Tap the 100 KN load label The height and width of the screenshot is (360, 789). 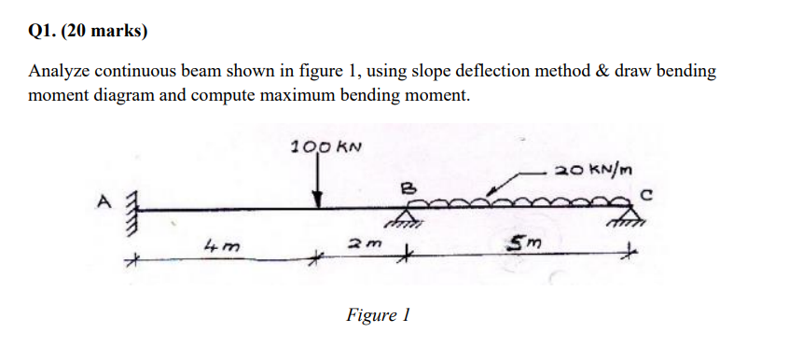click(x=325, y=146)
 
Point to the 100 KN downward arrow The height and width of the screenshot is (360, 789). click(x=319, y=181)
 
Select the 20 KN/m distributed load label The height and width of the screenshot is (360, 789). click(x=594, y=170)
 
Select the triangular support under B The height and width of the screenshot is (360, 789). click(x=403, y=219)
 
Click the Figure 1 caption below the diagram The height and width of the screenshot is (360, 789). click(x=378, y=315)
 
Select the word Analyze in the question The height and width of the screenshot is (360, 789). click(x=59, y=72)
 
